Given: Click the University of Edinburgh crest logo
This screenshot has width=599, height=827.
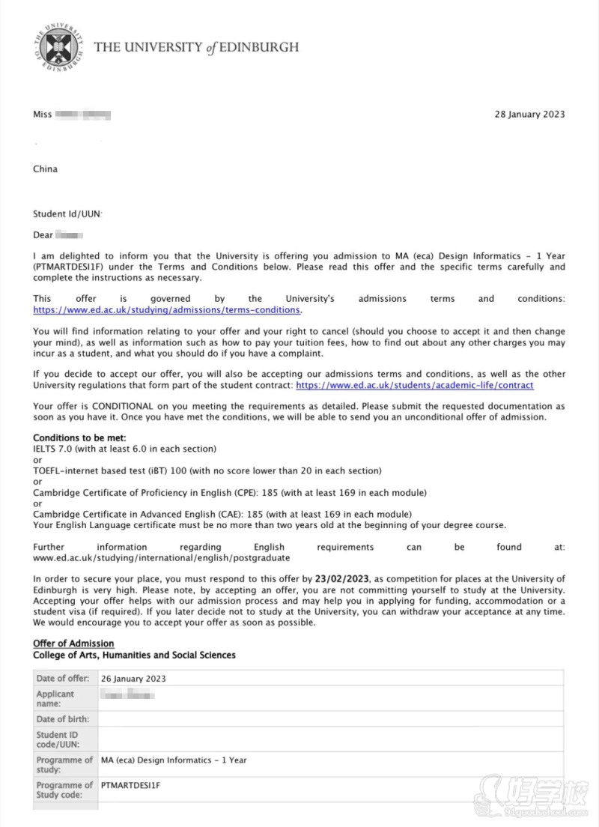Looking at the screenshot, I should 55,47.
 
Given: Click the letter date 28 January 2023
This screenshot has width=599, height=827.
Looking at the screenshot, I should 529,115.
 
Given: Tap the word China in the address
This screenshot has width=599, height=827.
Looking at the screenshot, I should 45,169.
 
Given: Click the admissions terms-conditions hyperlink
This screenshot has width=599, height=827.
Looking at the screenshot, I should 166,309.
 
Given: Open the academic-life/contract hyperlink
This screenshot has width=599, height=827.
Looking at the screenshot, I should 415,385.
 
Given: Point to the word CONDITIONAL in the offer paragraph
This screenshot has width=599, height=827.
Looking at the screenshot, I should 109,406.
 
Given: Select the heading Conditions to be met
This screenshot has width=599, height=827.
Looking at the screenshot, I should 79,437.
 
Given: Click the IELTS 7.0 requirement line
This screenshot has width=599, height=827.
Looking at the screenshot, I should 124,449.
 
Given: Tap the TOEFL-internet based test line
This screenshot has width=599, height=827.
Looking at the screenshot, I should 207,471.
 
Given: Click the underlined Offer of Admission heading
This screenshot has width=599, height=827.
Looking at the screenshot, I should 73,643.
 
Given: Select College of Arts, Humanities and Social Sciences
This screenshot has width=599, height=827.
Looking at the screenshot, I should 134,655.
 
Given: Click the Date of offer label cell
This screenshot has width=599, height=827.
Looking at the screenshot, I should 63,679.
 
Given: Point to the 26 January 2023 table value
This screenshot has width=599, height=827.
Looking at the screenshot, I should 133,679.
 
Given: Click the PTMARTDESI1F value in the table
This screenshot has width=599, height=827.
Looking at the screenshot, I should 131,785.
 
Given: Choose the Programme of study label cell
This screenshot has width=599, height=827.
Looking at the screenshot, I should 64,765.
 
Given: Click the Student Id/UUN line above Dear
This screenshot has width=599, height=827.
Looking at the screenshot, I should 67,214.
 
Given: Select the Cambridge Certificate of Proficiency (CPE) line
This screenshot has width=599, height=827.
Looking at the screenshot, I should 229,493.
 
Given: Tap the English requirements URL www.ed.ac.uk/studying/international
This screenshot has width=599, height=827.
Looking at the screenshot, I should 161,558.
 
